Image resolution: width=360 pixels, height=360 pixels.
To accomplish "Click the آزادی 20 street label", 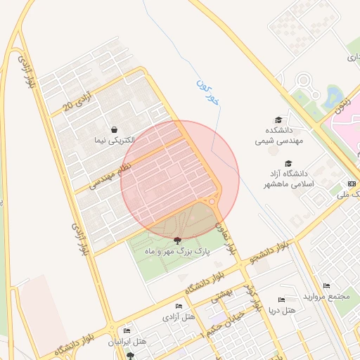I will [79, 99].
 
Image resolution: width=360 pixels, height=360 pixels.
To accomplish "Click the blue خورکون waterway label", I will [207, 92].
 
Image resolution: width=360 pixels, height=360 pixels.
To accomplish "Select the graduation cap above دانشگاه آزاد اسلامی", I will [288, 163].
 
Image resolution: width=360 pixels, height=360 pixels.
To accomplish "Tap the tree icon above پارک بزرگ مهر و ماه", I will [176, 240].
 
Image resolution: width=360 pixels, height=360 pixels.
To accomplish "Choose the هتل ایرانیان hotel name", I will [127, 341].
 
